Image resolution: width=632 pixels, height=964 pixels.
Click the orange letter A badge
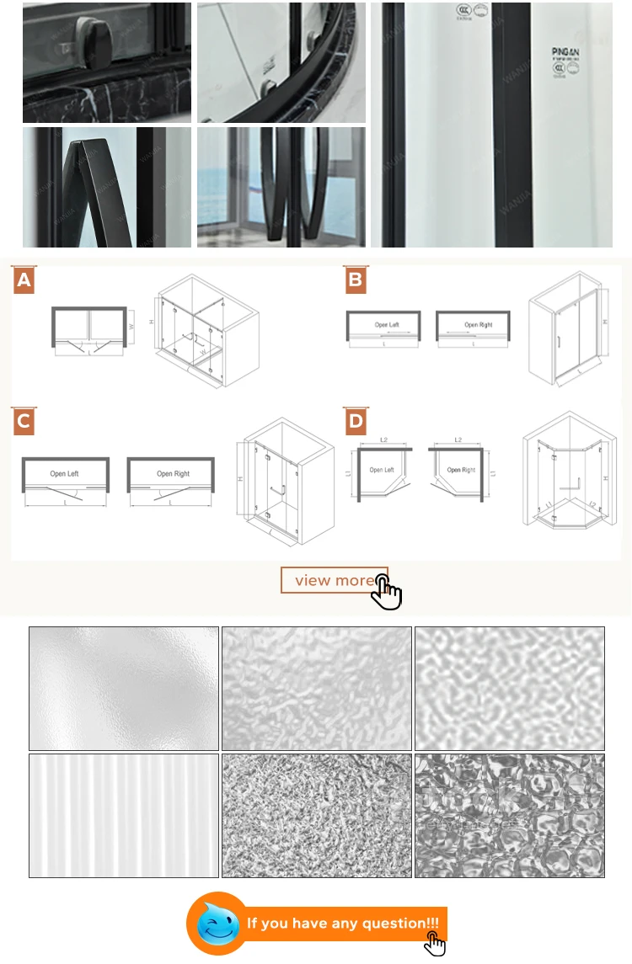pyautogui.click(x=24, y=280)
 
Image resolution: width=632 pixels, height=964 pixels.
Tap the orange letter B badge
pyautogui.click(x=355, y=280)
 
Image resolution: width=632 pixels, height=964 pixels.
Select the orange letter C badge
pyautogui.click(x=24, y=421)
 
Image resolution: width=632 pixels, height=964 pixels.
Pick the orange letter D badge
pyautogui.click(x=355, y=421)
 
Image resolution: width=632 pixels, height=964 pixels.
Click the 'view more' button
pyautogui.click(x=334, y=580)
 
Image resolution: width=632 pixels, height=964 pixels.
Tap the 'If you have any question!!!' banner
pyautogui.click(x=343, y=924)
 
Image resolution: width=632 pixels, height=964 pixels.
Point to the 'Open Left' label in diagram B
pyautogui.click(x=387, y=325)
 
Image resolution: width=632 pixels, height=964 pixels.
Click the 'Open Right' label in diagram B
pyautogui.click(x=478, y=325)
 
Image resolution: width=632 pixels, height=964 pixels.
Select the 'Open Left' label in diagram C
pyautogui.click(x=64, y=474)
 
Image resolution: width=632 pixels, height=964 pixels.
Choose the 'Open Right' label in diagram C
pyautogui.click(x=172, y=474)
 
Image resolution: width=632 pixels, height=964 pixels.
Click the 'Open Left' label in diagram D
pyautogui.click(x=382, y=470)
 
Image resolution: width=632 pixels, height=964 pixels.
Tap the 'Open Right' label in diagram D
pyautogui.click(x=461, y=470)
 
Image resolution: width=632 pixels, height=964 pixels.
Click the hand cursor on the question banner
pyautogui.click(x=433, y=943)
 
